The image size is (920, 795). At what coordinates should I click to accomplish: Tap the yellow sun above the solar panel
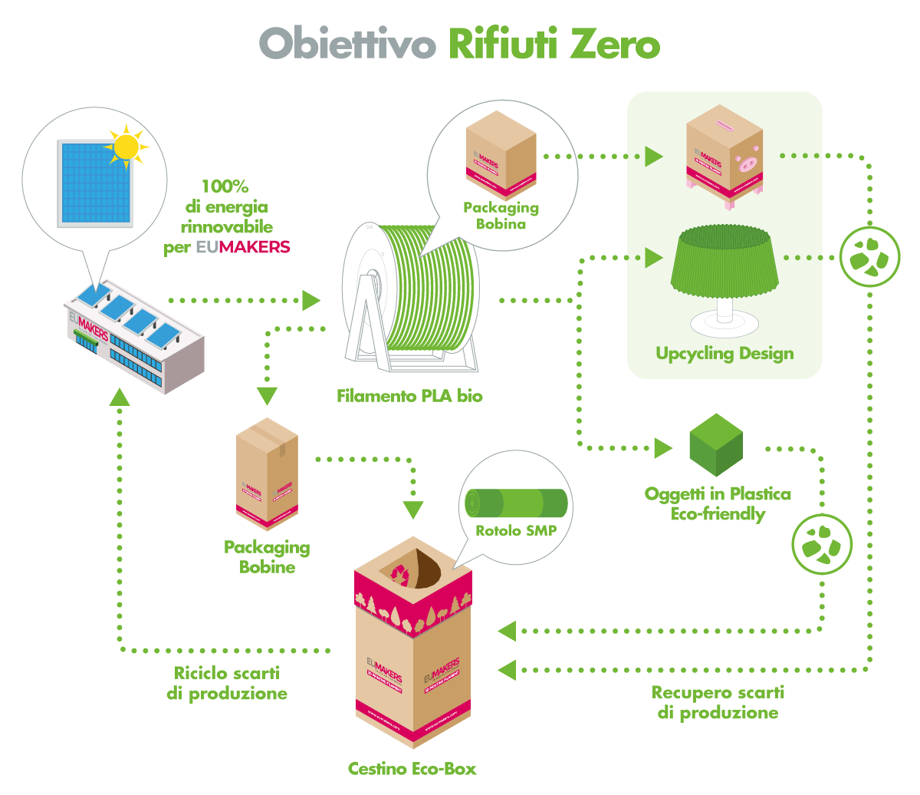(126, 145)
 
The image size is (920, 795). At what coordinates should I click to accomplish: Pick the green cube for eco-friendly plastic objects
(716, 444)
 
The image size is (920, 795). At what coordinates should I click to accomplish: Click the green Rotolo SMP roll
(516, 503)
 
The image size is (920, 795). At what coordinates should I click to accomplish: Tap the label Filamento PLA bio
(409, 396)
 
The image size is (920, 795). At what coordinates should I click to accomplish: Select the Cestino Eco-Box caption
(412, 768)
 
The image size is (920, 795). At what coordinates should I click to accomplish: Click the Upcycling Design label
(724, 354)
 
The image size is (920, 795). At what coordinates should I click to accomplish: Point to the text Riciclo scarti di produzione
(227, 683)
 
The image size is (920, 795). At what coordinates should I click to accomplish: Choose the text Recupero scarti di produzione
(718, 702)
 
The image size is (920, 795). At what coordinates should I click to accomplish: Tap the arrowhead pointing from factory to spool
(311, 300)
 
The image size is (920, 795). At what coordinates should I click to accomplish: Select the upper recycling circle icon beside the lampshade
(869, 257)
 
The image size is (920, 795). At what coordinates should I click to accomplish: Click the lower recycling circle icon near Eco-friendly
(822, 545)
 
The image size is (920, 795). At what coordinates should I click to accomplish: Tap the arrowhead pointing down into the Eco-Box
(413, 510)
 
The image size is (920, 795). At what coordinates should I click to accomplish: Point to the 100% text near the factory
(225, 186)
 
